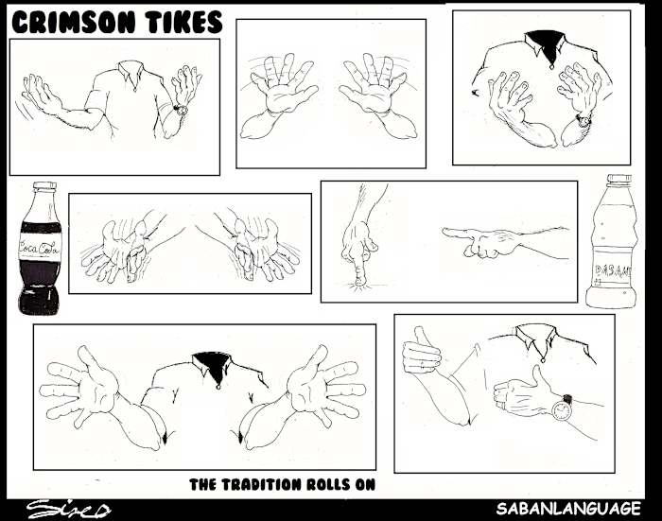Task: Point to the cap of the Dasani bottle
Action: (x=618, y=180)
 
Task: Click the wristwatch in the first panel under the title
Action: (x=181, y=110)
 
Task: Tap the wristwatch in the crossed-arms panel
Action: (x=584, y=120)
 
